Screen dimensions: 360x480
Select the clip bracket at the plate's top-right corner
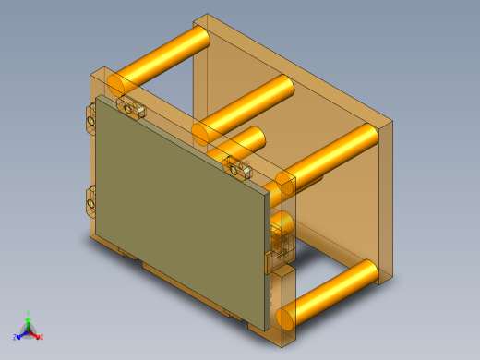(239, 169)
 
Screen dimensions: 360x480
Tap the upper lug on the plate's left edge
(91, 119)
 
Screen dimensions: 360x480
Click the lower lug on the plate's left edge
(91, 198)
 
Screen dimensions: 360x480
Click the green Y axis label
(29, 315)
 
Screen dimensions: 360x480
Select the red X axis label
(41, 338)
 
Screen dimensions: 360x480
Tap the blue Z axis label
(18, 336)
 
